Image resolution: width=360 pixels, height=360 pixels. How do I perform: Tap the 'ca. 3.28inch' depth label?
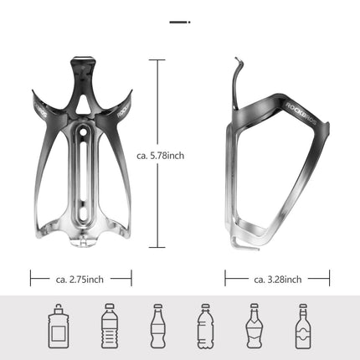277,280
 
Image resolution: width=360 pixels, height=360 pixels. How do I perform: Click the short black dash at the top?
179,22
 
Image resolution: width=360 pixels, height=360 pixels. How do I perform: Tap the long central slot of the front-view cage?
81,180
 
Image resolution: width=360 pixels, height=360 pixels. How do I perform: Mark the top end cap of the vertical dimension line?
157,59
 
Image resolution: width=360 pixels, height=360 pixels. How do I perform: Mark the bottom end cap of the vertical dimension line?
157,249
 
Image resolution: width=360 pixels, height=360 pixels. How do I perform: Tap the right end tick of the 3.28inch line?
329,280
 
